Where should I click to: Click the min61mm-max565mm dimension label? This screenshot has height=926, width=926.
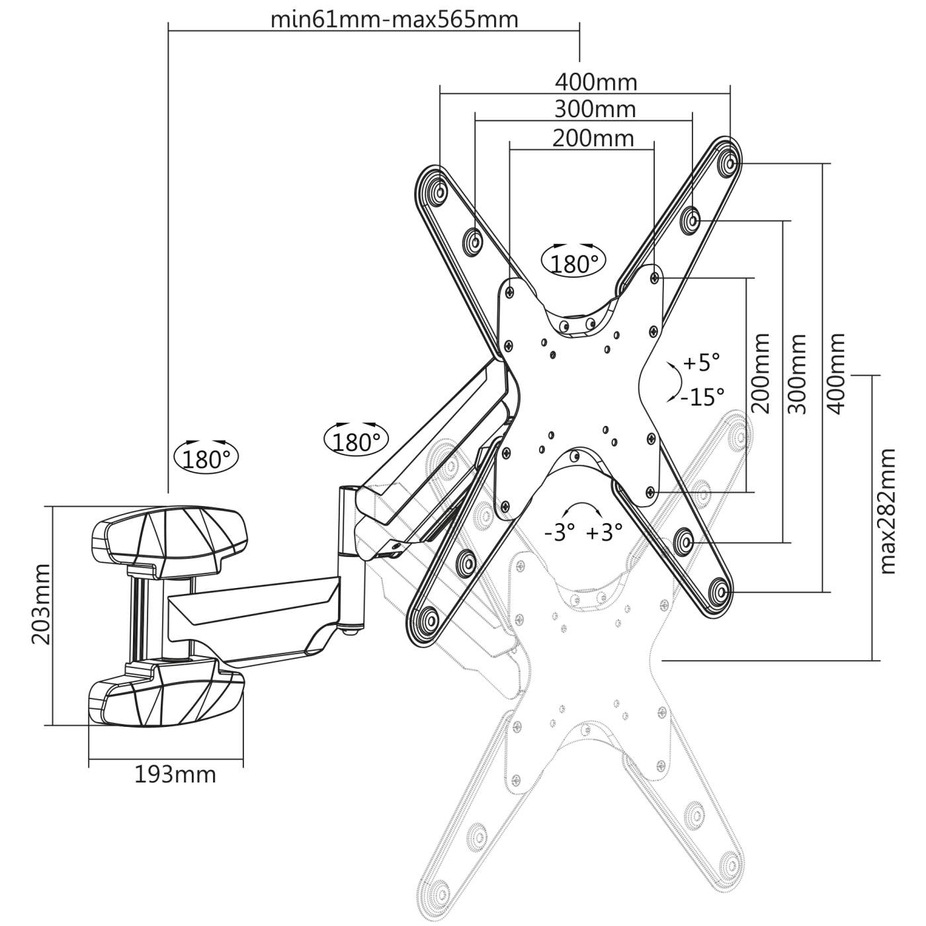394,19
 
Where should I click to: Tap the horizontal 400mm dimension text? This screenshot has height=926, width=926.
595,82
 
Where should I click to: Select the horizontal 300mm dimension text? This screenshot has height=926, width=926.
595,108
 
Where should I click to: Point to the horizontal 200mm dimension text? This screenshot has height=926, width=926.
593,138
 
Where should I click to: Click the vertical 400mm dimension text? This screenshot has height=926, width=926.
836,373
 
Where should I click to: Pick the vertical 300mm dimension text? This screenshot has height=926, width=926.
798,374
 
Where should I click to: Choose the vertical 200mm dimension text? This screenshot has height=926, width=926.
761,374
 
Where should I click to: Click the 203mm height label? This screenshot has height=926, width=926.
40,604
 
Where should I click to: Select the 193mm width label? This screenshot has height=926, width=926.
175,774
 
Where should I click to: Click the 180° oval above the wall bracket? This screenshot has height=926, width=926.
206,457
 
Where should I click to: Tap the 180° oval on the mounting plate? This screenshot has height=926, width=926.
573,261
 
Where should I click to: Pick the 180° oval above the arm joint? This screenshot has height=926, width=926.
357,440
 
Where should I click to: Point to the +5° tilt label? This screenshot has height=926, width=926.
701,362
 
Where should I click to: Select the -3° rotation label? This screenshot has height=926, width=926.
559,532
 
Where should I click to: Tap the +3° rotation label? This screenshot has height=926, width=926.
604,532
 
